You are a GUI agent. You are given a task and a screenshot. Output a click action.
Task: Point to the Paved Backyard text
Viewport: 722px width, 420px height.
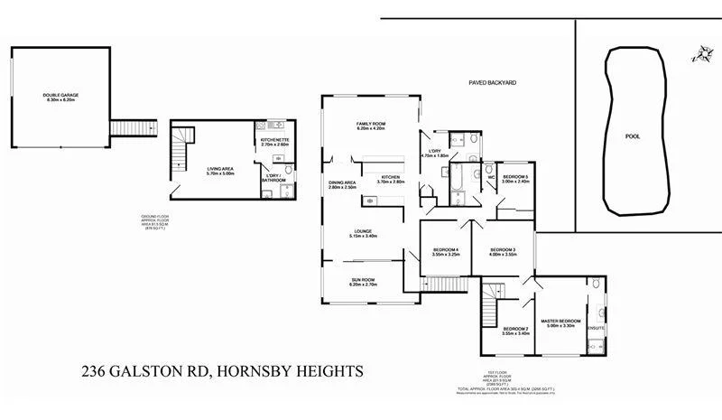pos(492,82)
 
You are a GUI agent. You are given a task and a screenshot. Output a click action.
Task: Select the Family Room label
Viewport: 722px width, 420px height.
pos(370,126)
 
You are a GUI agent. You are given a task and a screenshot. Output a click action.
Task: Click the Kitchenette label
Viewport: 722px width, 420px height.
pos(273,141)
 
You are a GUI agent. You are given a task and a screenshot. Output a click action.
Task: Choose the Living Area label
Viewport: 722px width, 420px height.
pos(220,170)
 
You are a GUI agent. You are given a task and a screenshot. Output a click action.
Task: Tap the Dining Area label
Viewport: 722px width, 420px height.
pos(342,184)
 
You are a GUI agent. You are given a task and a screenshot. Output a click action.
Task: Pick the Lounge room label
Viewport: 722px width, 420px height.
pos(364,232)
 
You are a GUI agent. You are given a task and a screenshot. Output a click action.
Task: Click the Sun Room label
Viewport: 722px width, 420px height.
pos(364,281)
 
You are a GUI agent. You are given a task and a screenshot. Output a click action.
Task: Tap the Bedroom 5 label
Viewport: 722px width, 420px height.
pos(515,178)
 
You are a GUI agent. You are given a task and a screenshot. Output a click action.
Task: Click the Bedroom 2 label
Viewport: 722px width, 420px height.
pos(515,330)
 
